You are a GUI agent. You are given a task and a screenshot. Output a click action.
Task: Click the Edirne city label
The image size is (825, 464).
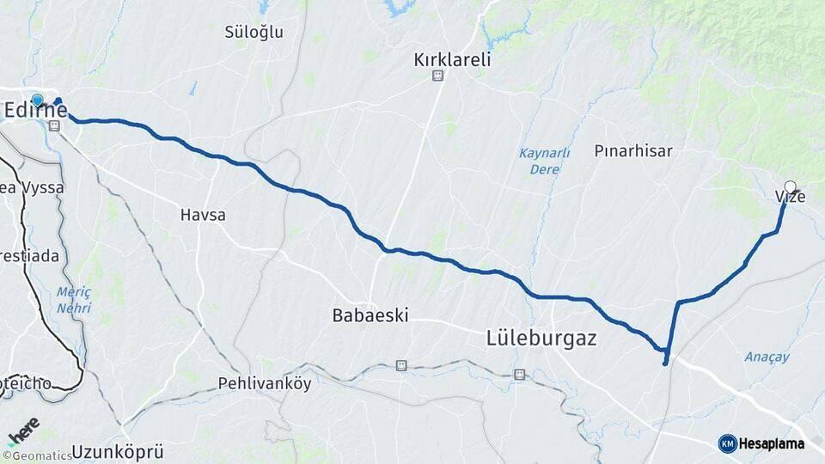(35, 110)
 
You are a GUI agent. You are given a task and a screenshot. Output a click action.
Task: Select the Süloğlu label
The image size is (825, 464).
(254, 32)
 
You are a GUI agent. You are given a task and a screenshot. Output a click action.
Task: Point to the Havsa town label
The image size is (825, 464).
(203, 215)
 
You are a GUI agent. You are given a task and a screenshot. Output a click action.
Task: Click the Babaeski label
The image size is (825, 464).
(370, 315)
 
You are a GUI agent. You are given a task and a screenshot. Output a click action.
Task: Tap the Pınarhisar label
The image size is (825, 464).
(633, 150)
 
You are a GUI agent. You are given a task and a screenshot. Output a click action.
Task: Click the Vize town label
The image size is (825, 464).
(790, 198)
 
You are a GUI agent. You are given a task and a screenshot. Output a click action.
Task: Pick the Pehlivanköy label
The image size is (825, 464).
(265, 383)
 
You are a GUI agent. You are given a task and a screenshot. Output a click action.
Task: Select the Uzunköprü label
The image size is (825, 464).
(118, 451)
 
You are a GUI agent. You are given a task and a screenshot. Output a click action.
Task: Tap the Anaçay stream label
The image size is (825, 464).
(767, 357)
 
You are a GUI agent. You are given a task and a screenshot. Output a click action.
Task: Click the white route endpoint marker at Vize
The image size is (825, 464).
(790, 186)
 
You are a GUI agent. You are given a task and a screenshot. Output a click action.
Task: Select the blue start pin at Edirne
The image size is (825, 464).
(37, 100)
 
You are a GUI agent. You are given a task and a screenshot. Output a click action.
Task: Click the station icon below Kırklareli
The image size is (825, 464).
(437, 76)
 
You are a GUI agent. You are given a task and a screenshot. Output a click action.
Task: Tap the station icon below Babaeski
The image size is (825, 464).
(400, 365)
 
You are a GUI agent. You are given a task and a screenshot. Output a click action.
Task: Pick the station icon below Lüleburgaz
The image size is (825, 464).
(518, 374)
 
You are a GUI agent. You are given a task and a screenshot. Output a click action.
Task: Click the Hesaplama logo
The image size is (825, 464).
(761, 443)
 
